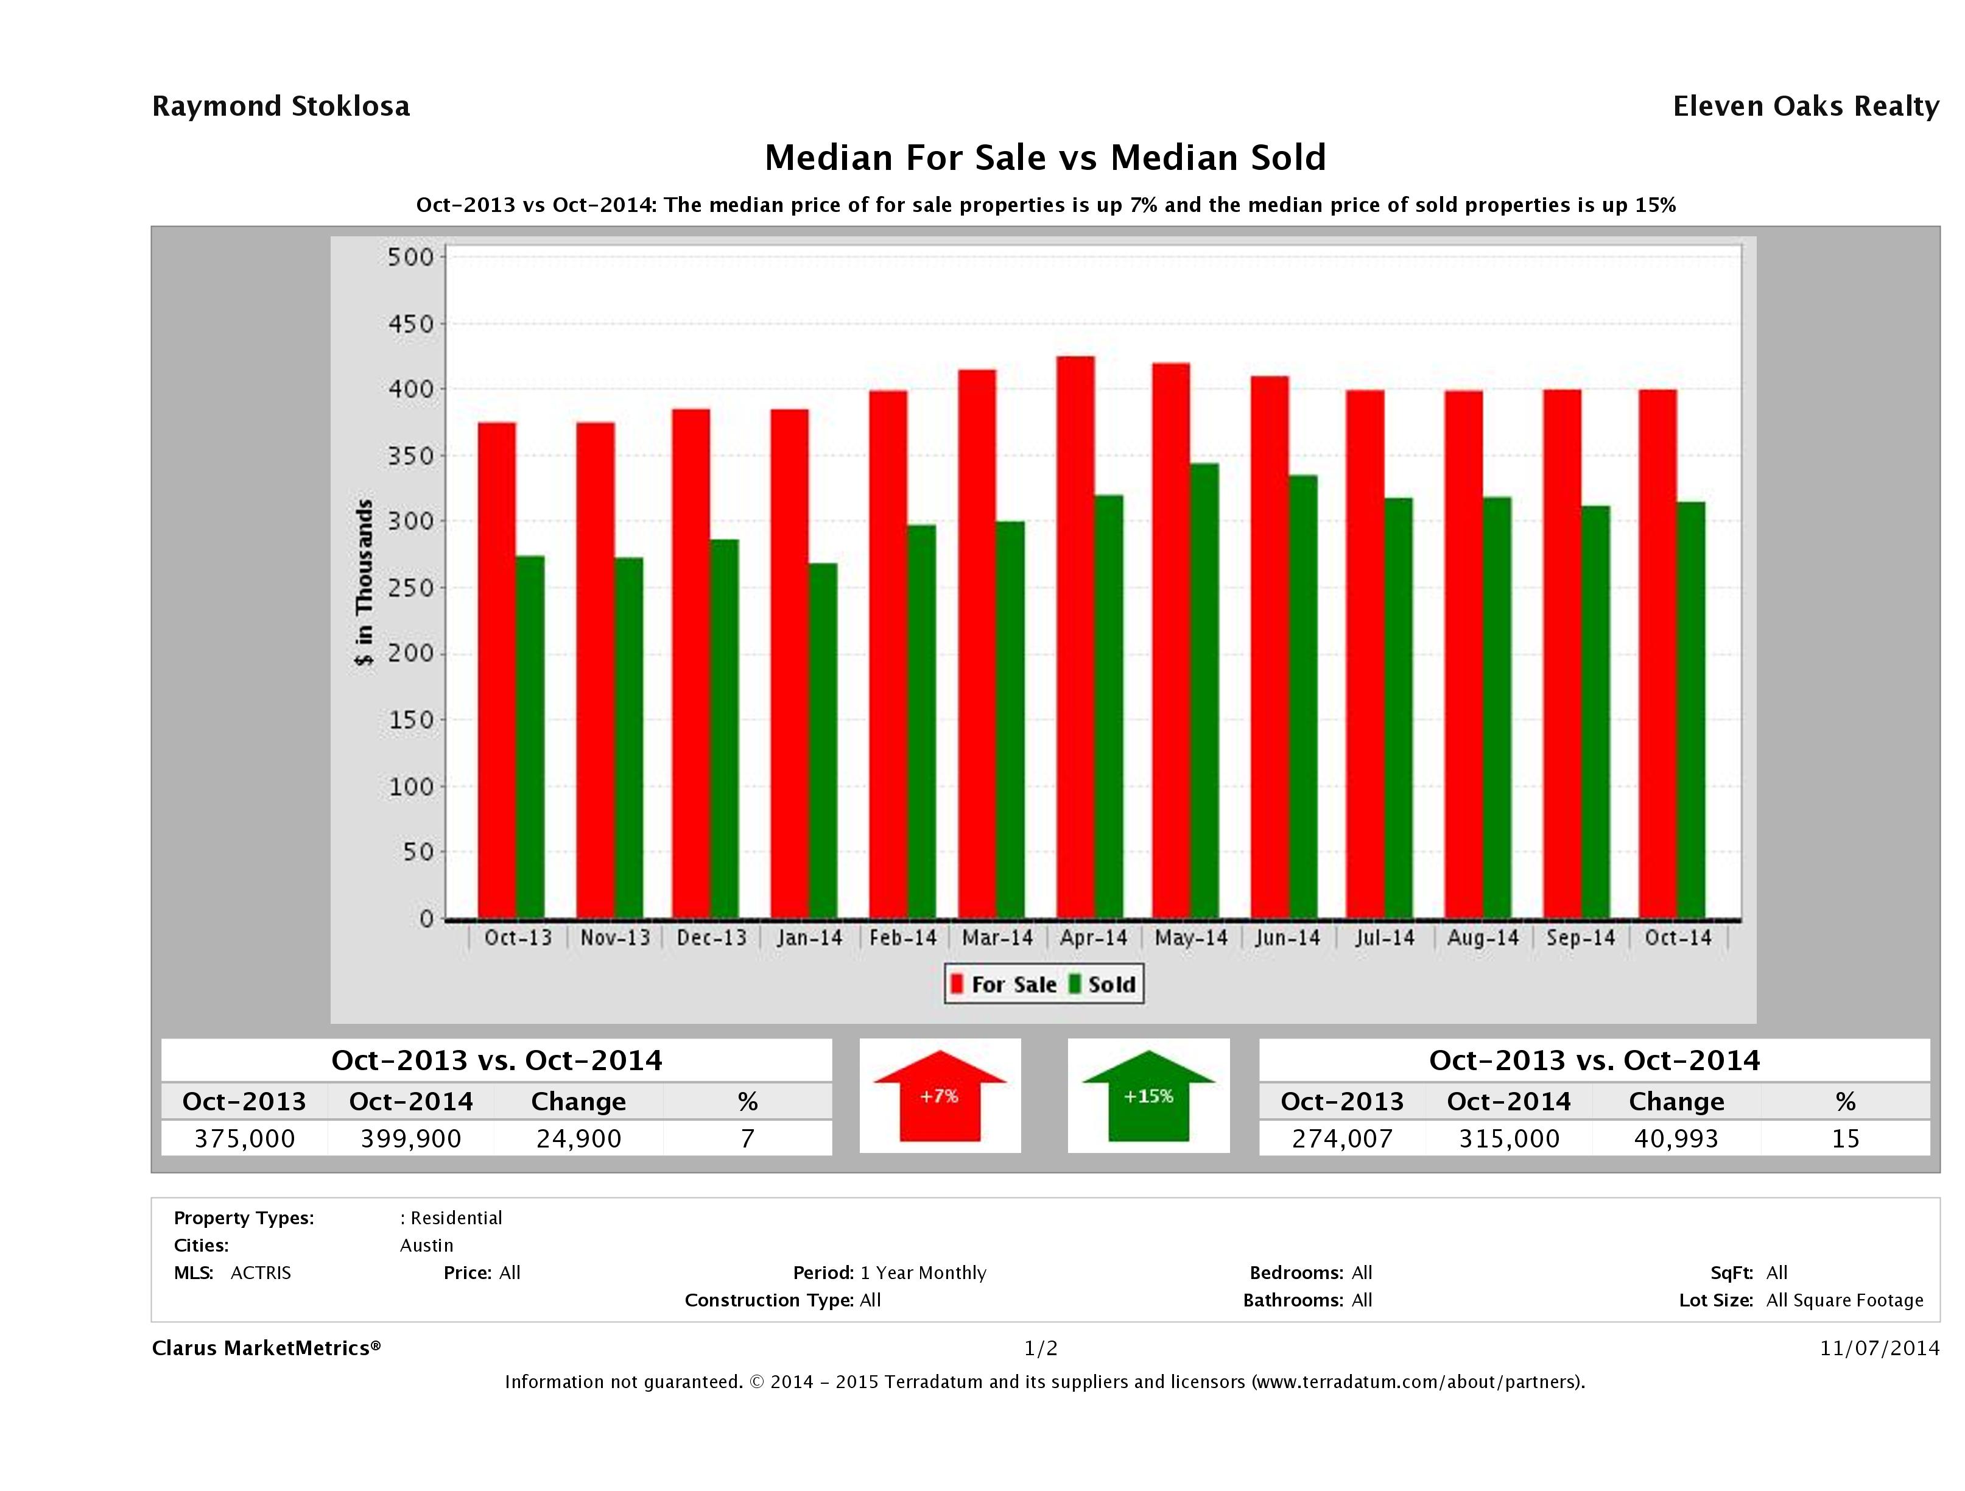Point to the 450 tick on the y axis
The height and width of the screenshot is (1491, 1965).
(x=410, y=324)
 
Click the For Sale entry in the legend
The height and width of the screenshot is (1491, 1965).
(x=1004, y=984)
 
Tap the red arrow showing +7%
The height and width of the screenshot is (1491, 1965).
(x=940, y=1096)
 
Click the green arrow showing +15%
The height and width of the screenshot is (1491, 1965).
(x=1148, y=1096)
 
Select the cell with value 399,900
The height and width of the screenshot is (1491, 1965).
(x=410, y=1139)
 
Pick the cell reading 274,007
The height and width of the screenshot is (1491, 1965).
(x=1341, y=1139)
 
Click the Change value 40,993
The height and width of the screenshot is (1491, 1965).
(x=1675, y=1139)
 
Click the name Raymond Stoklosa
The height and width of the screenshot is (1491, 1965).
(x=281, y=107)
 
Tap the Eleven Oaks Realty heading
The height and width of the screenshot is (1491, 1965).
(x=1805, y=107)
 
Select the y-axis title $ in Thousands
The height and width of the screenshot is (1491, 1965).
(x=364, y=583)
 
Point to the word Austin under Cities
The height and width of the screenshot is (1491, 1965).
(x=426, y=1246)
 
